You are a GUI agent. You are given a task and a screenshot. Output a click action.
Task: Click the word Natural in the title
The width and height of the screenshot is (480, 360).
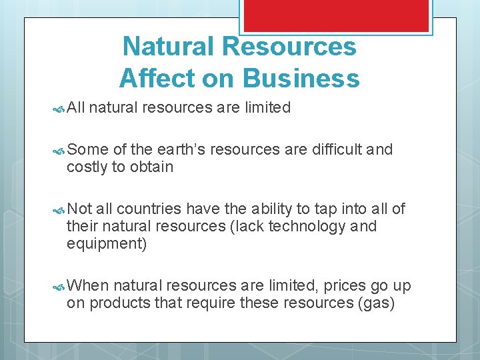point(169,47)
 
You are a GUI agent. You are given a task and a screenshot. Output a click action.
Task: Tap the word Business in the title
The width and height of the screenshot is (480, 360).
point(301,79)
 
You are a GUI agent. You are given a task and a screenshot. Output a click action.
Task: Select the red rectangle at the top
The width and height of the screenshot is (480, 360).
point(335,15)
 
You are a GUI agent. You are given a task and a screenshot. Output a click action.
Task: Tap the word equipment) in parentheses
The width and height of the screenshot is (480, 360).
point(107,244)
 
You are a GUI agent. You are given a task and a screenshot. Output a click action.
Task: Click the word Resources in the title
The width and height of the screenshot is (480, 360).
point(289,47)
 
